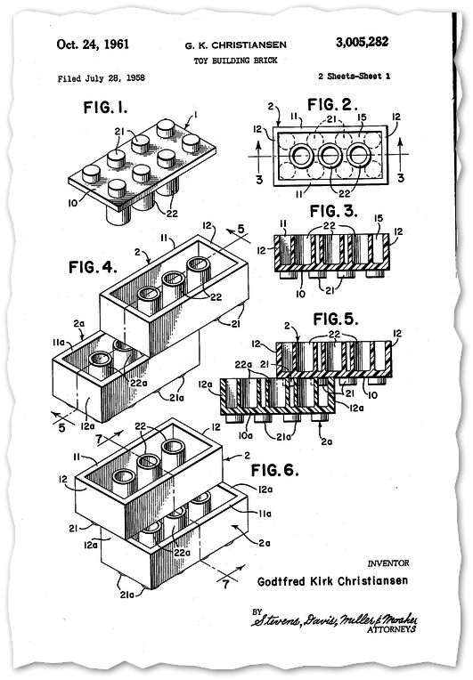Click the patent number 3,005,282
click(362, 42)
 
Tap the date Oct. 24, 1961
click(93, 45)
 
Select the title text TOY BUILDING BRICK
click(235, 61)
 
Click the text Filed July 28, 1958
click(102, 78)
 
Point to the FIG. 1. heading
click(105, 107)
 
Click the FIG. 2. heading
click(332, 104)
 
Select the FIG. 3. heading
click(334, 211)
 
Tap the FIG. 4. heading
click(93, 267)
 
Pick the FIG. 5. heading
click(336, 320)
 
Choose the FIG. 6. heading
click(275, 470)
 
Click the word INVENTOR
click(388, 563)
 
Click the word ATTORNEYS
click(391, 629)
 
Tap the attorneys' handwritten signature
click(335, 620)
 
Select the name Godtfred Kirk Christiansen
click(332, 581)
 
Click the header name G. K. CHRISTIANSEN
click(236, 45)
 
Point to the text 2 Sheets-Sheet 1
click(355, 77)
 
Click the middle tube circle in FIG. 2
click(330, 156)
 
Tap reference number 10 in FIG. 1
click(73, 202)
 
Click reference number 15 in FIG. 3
click(379, 219)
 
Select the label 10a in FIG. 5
click(246, 435)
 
